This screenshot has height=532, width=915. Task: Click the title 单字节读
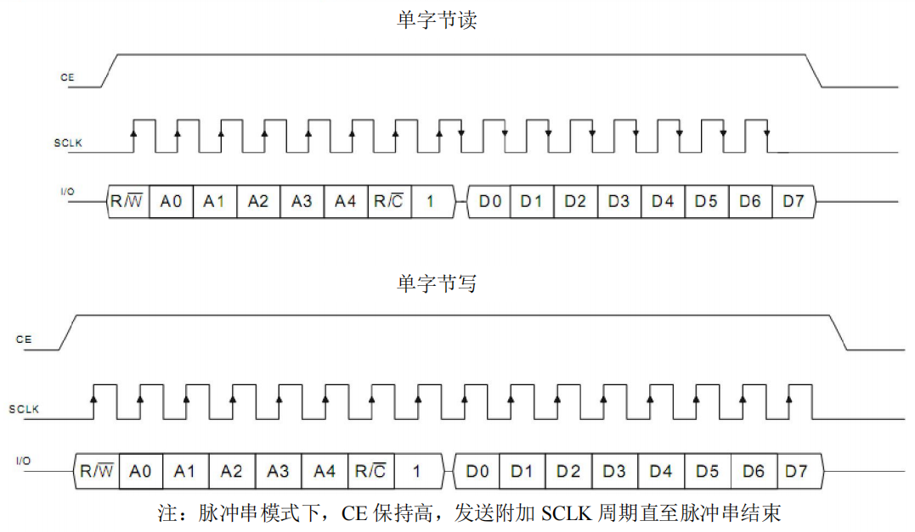437,21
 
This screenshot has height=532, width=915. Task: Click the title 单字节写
437,283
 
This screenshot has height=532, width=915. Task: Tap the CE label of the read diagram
67,77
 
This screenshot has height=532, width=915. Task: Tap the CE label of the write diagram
24,339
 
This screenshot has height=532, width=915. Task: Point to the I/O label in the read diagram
67,192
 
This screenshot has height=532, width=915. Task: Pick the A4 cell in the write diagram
325,471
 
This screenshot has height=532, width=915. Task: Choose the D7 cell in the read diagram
793,202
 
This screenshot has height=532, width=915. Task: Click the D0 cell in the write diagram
478,471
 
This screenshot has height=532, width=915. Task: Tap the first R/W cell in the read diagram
127,202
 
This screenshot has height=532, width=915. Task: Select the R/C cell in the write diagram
370,471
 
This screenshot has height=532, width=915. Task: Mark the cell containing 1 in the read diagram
430,202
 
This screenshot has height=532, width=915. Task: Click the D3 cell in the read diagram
618,202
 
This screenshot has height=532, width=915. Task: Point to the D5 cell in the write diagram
707,471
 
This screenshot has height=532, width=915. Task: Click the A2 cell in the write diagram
231,471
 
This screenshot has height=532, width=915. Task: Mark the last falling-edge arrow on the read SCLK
766,133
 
